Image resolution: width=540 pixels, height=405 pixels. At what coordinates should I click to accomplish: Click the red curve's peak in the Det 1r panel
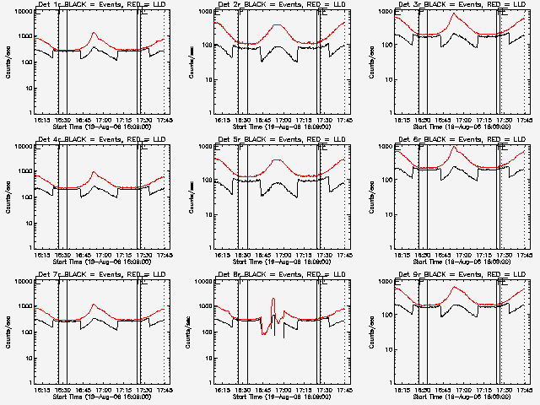94,34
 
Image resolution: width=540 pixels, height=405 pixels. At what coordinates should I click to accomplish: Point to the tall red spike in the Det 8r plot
273,300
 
